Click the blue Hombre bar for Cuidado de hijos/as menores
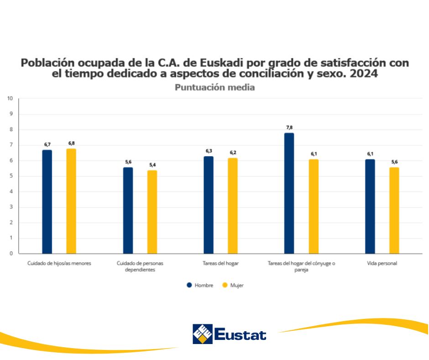coord(47,201)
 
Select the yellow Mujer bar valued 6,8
coord(71,201)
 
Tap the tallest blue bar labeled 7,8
coord(289,193)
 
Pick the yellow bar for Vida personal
coord(394,210)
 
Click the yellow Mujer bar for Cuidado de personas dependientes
coord(152,212)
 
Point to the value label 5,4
coord(152,165)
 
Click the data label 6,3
coord(209,151)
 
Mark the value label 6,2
coord(233,153)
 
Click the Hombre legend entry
coord(200,285)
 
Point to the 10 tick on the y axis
coord(10,98)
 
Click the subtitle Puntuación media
coord(214,87)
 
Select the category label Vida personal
coord(382,264)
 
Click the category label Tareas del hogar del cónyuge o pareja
coord(301,266)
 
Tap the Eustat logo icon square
coord(202,334)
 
